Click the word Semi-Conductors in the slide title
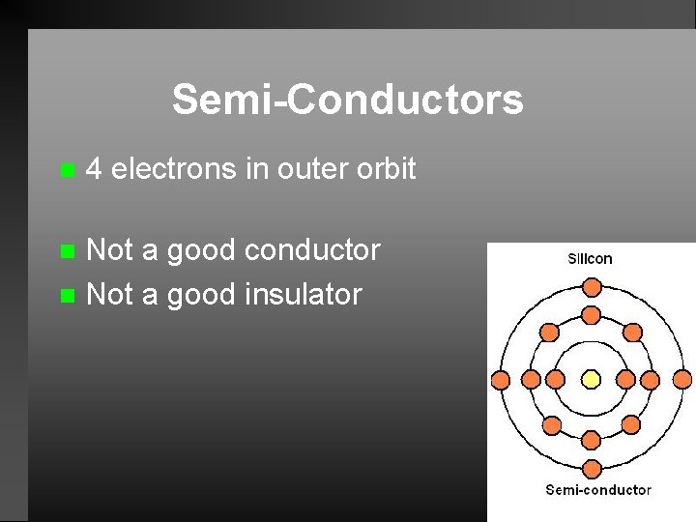pos(348,100)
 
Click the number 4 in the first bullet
pos(94,169)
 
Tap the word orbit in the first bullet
pos(386,169)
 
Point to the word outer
pos(310,169)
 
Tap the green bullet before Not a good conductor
pos(66,251)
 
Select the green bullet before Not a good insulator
pos(66,295)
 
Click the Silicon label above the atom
pos(590,259)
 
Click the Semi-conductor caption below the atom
pos(598,490)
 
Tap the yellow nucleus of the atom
pos(592,379)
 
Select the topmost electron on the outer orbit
pos(592,286)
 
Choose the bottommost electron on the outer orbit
pos(592,471)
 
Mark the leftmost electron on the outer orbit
pos(500,379)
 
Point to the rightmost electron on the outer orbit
pos(683,379)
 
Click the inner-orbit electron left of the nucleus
pos(555,379)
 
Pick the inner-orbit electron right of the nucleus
pos(629,379)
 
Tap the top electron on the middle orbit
pos(592,315)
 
